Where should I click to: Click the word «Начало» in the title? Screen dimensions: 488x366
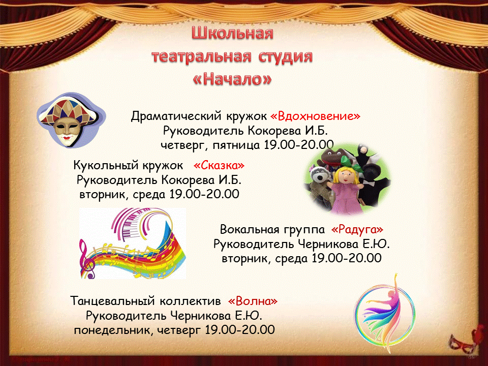coord(232,79)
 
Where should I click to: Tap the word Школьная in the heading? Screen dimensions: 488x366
coord(232,34)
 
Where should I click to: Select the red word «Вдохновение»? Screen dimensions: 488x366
coord(315,116)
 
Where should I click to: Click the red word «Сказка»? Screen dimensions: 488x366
coord(219,165)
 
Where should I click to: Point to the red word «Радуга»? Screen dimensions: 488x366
coord(357,230)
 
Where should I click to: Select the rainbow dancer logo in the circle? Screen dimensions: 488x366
coord(385,314)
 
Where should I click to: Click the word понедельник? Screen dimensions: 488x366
coord(112,330)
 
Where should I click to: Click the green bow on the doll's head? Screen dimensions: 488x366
coord(351,163)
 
